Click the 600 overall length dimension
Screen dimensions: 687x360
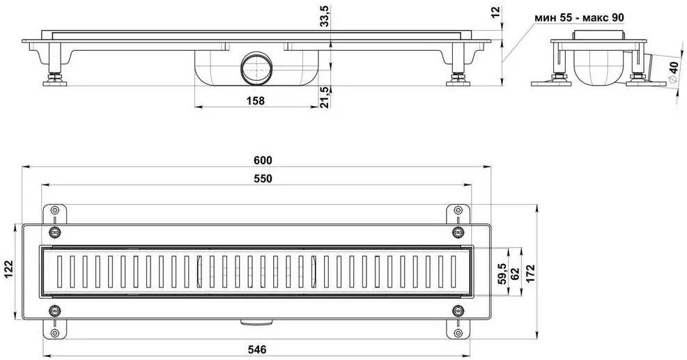pos(263,161)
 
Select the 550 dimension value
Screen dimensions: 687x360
pos(263,179)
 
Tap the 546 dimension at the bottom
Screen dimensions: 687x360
pos(257,350)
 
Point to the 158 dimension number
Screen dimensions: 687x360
pos(256,101)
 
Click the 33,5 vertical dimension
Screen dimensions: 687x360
pos(325,17)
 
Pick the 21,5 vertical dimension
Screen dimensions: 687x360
pos(325,96)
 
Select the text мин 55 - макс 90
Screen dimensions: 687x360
pos(579,17)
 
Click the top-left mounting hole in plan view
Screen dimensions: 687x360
pos(54,210)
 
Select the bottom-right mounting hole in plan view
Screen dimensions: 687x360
pos(458,334)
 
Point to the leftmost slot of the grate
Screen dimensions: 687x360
pos(59,272)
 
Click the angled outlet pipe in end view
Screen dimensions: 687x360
pos(647,65)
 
